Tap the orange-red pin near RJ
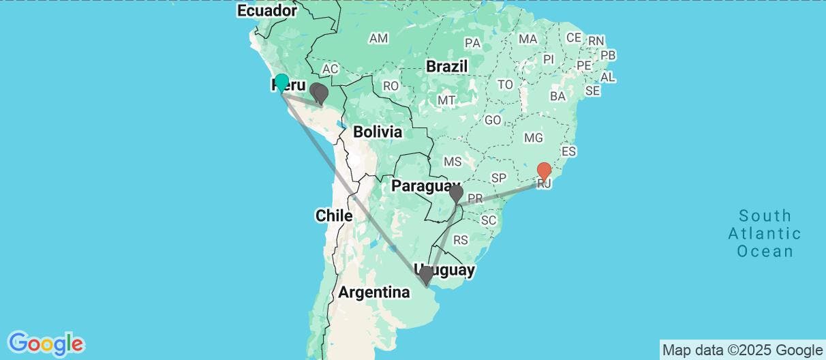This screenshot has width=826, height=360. pos(544,170)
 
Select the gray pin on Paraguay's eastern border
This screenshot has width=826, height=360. pos(456,195)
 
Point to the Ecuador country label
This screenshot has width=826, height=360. pos(267,11)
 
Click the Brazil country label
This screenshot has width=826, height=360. pos(446,67)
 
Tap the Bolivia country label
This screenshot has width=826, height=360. pos(377,132)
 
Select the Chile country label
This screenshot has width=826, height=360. pos(333,216)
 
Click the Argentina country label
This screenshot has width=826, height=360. pos(374,292)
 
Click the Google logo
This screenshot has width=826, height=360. pos(46,343)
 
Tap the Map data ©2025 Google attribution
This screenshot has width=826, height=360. pos(742,350)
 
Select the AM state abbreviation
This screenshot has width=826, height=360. pos(378,39)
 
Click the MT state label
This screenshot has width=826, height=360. pos(446,100)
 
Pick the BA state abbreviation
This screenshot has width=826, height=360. pos(557,96)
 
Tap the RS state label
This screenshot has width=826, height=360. pos(461,240)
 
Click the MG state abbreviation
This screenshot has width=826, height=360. pos(532,138)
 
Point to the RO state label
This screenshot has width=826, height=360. pos(391,87)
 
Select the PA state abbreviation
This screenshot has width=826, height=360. pos(472,43)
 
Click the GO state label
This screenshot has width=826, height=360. pos(493,120)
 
